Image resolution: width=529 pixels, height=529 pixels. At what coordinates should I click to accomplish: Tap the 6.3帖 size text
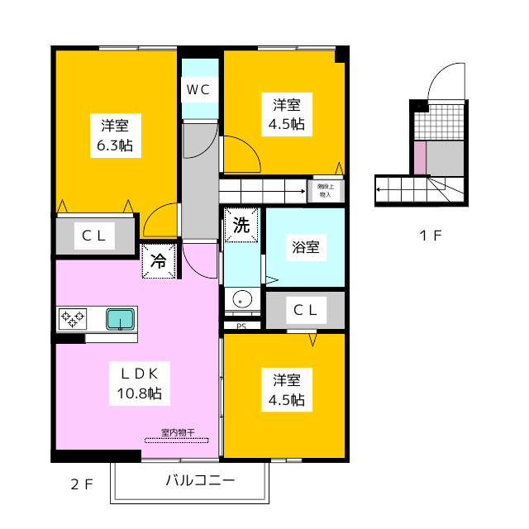[x=114, y=146]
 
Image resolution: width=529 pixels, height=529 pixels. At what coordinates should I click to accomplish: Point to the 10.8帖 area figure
[x=138, y=393]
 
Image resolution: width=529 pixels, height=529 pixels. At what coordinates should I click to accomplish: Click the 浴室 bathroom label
[x=305, y=246]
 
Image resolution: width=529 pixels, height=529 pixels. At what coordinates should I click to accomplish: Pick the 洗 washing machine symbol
[x=241, y=224]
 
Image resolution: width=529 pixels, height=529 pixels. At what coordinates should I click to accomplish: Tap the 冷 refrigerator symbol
[x=159, y=262]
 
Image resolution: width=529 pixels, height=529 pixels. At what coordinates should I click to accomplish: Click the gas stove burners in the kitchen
[x=72, y=317]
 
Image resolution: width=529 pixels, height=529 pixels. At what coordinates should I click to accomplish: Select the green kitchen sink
[x=121, y=318]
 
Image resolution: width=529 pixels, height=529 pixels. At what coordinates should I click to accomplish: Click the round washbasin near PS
[x=242, y=298]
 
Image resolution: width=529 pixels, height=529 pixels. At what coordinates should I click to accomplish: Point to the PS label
[x=241, y=326]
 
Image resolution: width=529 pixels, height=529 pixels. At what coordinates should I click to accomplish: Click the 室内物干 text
[x=177, y=432]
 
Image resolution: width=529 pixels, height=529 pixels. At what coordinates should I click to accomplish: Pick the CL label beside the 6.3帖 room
[x=94, y=236]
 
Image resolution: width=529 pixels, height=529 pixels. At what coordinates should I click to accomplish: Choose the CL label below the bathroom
[x=305, y=310]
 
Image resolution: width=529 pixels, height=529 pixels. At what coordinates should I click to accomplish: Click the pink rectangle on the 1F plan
[x=420, y=158]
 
